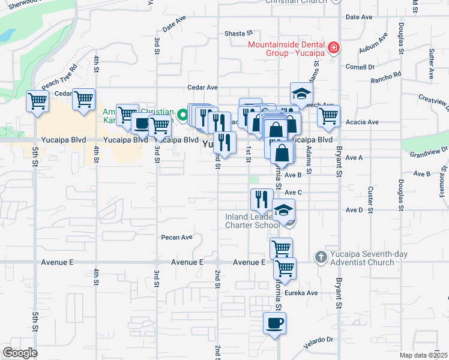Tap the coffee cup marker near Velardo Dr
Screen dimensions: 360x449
[x=275, y=323]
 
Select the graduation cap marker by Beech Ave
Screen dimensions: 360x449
[x=301, y=93]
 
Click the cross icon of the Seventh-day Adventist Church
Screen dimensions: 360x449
[x=321, y=257]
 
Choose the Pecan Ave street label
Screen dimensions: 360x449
[x=176, y=237]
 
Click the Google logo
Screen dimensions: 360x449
[x=20, y=353]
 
